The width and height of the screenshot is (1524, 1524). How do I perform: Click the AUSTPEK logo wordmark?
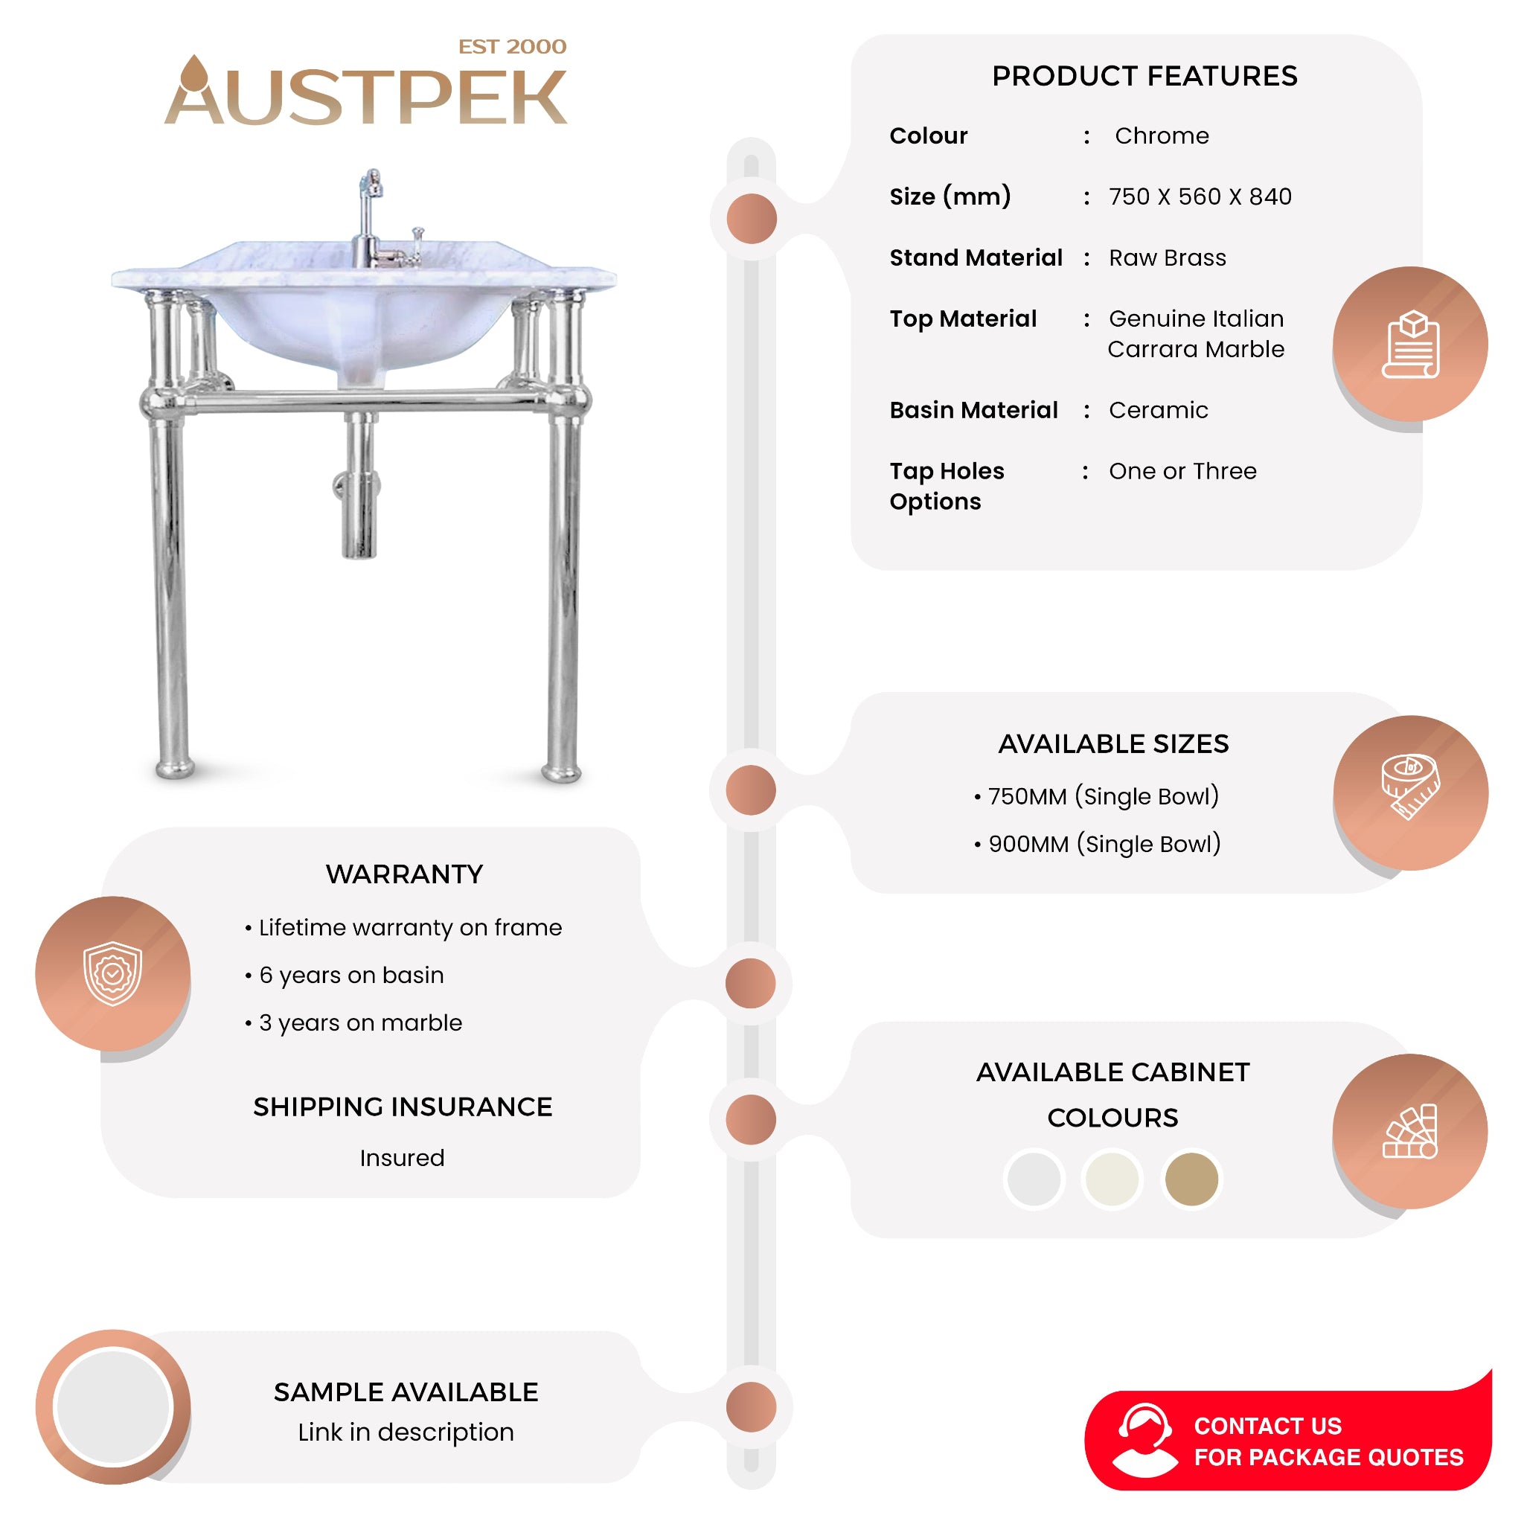[x=365, y=96]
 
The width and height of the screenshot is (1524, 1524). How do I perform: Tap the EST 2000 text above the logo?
[x=512, y=47]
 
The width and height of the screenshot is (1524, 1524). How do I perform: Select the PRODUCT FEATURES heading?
[x=1144, y=76]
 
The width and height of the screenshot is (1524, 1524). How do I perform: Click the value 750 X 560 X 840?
[x=1200, y=196]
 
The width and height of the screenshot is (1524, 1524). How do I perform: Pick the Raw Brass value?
[x=1168, y=258]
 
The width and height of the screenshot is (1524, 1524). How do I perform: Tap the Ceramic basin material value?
[x=1158, y=410]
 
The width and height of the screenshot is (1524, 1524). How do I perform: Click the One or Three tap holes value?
[x=1182, y=471]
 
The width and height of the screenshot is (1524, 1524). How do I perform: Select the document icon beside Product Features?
[x=1410, y=345]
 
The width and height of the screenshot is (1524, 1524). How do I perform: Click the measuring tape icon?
[x=1410, y=787]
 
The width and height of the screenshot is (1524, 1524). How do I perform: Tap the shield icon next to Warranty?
[x=113, y=973]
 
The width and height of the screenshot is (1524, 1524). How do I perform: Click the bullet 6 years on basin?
[x=351, y=975]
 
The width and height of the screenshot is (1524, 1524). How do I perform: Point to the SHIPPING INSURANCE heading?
[x=403, y=1107]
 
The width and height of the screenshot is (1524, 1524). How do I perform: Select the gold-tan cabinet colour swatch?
[x=1191, y=1179]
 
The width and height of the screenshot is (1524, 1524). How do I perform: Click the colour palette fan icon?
[x=1410, y=1131]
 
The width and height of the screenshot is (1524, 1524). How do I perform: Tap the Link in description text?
[x=406, y=1432]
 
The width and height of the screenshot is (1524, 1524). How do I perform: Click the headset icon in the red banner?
[x=1144, y=1441]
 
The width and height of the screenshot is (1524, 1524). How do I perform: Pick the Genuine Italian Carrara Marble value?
[x=1196, y=333]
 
